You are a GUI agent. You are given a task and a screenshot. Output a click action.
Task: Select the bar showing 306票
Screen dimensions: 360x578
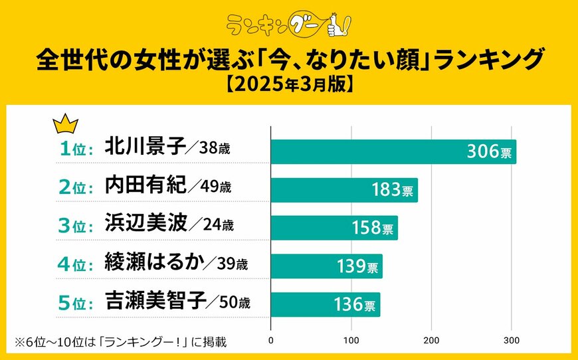coord(393,151)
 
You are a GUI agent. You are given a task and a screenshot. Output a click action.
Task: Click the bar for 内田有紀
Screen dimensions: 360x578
coord(344,190)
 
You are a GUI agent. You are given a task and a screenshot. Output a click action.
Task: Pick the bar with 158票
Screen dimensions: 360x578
coord(334,228)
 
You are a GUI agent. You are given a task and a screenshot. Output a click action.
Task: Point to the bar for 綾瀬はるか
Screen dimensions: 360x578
coord(326,266)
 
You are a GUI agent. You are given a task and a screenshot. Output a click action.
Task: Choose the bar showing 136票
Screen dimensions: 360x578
coord(326,305)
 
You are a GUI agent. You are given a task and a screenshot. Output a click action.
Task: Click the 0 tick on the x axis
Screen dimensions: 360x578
coord(271,342)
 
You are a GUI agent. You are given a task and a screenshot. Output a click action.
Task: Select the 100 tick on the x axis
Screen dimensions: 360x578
coord(351,342)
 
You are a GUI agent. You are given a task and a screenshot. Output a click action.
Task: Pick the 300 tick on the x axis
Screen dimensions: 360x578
coord(512,342)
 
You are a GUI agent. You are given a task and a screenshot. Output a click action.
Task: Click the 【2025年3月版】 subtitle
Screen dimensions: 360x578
coord(289,86)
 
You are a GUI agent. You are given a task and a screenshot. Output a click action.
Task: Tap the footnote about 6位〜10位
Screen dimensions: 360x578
coord(120,342)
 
